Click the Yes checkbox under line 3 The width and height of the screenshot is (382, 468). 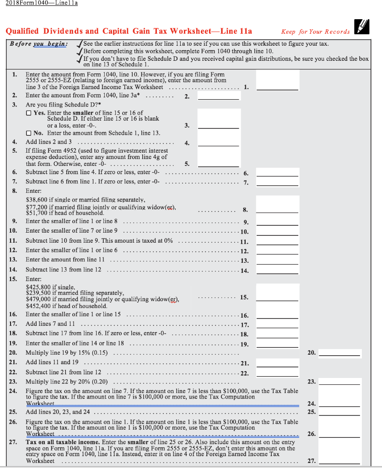(29, 113)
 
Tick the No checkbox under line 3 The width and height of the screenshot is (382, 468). (29, 133)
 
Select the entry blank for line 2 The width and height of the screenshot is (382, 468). (218, 96)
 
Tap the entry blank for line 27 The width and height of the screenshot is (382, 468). (339, 460)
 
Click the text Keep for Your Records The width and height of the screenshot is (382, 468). (315, 32)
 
